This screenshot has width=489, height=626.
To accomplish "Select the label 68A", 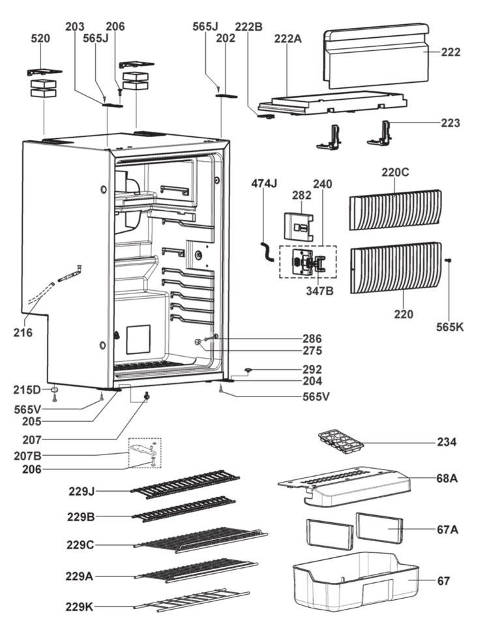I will tap(448, 478).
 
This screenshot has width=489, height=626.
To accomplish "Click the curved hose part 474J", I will tap(266, 251).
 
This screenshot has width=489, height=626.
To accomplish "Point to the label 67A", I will tap(448, 529).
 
